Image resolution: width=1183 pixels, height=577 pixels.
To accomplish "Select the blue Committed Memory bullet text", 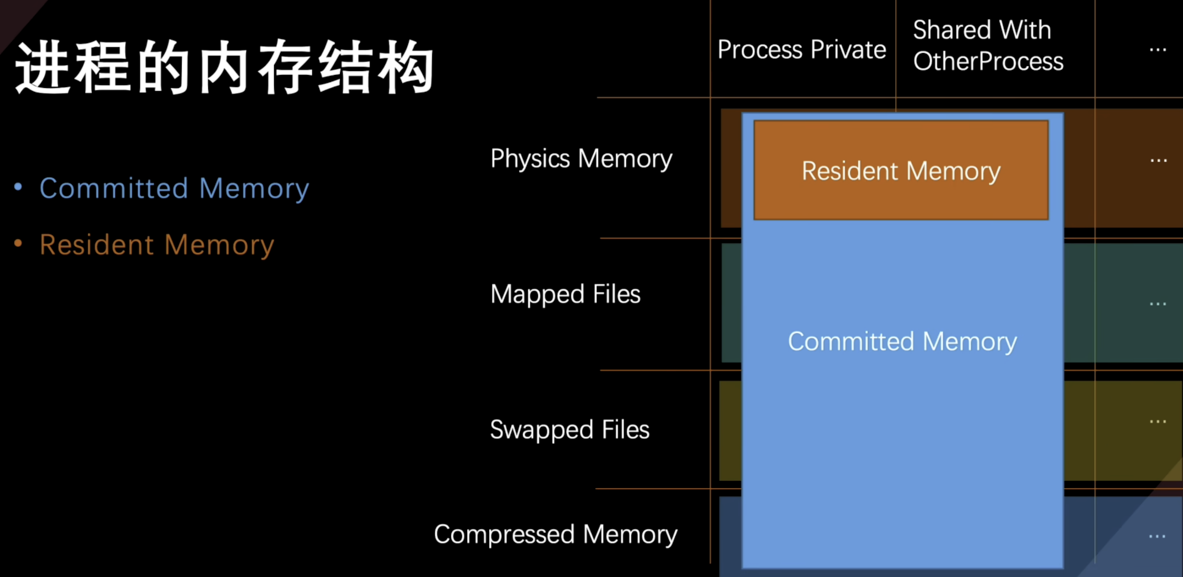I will [x=174, y=188].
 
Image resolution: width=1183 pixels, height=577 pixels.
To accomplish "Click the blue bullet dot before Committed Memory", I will [x=18, y=187].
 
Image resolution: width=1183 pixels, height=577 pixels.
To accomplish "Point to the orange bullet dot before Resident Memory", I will [x=18, y=243].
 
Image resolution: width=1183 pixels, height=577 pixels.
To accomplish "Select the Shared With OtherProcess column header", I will [x=987, y=46].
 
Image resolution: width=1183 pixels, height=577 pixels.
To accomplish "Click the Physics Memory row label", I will [x=581, y=159].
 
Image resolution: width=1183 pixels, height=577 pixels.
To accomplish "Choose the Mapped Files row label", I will [x=565, y=294].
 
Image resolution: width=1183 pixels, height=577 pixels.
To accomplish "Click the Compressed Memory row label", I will [x=555, y=534].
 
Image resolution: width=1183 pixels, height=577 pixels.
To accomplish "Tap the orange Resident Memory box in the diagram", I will [x=901, y=170].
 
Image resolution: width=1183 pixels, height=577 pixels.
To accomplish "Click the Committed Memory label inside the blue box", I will [x=903, y=342].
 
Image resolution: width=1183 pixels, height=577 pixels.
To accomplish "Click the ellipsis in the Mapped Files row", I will [x=1157, y=304].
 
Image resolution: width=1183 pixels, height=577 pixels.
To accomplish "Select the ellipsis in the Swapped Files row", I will [x=1157, y=422].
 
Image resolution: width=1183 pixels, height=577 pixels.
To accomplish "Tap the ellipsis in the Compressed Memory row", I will [x=1157, y=536].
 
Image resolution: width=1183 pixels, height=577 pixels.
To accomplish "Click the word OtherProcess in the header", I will [x=988, y=61].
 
